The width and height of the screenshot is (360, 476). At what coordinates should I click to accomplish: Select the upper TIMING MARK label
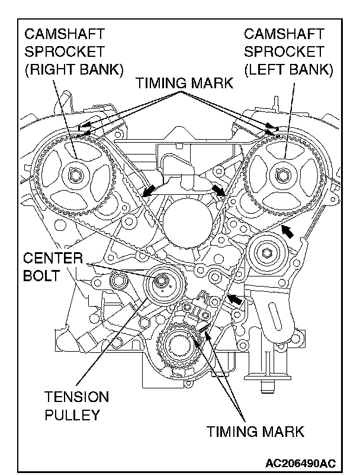click(185, 83)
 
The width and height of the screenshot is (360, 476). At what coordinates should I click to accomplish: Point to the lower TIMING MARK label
click(255, 430)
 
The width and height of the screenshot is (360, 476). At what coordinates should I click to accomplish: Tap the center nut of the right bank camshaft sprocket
click(75, 175)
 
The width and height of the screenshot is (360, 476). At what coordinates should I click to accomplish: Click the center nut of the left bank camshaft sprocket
click(282, 175)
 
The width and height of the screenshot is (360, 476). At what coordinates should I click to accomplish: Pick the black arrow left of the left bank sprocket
click(218, 190)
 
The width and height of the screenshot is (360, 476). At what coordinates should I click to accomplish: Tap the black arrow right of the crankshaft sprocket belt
click(236, 300)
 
